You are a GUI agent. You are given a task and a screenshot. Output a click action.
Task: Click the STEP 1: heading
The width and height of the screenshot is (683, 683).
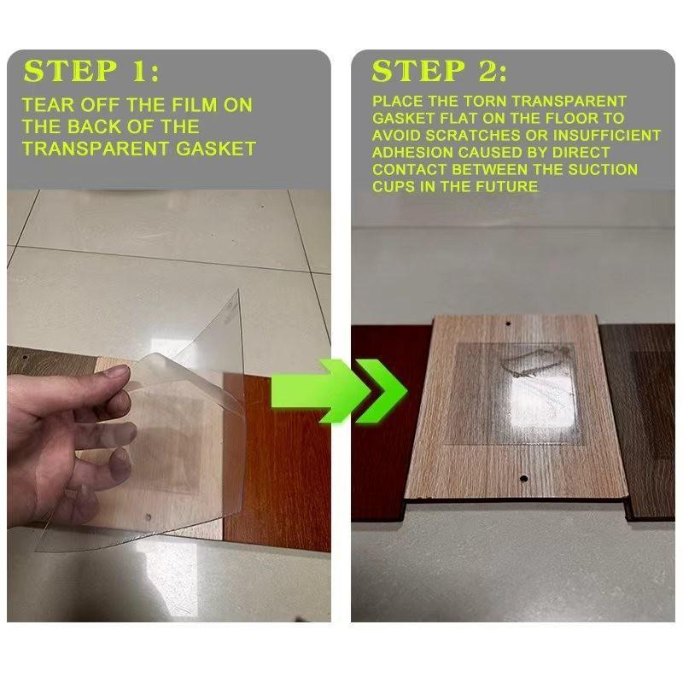pos(91,71)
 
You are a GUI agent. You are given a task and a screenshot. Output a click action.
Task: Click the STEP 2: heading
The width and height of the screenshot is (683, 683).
pos(440,71)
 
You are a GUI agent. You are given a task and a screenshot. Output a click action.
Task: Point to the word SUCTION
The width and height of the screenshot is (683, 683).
pos(607,170)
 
